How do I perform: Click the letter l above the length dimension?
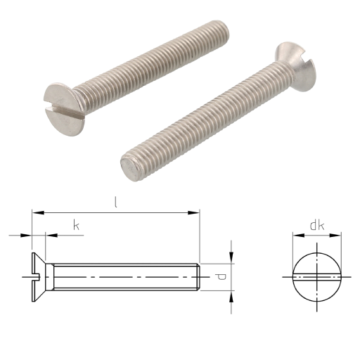(115, 202)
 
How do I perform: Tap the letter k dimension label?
(77, 225)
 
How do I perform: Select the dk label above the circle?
(317, 225)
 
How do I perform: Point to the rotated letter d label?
(221, 277)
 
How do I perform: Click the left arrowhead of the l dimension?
(38, 212)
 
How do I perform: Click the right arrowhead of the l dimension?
(193, 212)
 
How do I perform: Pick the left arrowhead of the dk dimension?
(299, 235)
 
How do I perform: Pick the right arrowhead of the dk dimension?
(335, 235)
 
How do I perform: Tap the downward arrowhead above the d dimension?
(231, 257)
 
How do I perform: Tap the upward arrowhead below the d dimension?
(231, 297)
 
